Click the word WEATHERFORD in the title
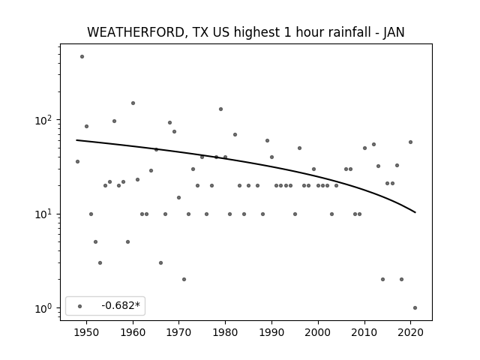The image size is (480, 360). click(x=136, y=32)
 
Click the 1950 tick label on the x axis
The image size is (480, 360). click(x=87, y=332)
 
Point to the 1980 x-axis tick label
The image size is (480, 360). click(x=225, y=332)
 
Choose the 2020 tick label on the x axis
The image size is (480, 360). click(x=410, y=332)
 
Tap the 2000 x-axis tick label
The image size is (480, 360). click(x=318, y=332)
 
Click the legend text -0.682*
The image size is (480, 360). click(x=121, y=305)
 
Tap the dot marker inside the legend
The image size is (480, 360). click(x=80, y=306)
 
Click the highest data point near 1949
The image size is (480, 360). click(x=82, y=57)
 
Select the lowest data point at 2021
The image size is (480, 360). click(x=415, y=308)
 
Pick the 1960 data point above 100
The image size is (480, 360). click(x=133, y=103)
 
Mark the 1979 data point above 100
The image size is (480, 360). click(x=220, y=109)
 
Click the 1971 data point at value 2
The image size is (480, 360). click(x=184, y=279)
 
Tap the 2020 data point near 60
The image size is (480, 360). click(x=410, y=142)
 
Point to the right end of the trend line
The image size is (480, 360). click(x=415, y=212)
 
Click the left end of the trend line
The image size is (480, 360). click(x=76, y=140)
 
